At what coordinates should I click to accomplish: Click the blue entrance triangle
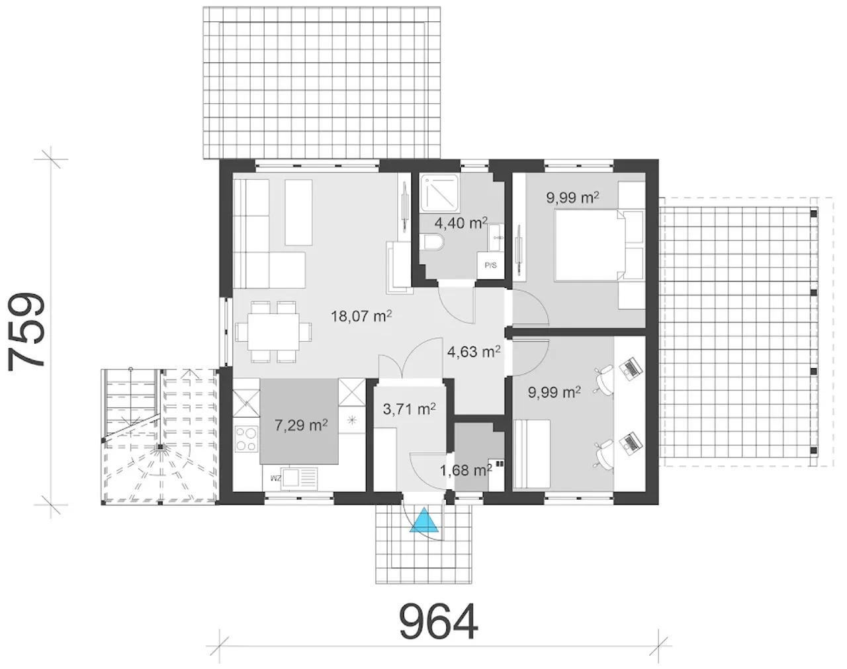pyautogui.click(x=424, y=521)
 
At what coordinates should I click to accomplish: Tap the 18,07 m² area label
pyautogui.click(x=361, y=316)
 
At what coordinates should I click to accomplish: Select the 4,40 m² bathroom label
pyautogui.click(x=461, y=223)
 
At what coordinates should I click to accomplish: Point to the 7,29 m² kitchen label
pyautogui.click(x=301, y=426)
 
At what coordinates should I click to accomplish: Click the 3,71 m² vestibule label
pyautogui.click(x=410, y=409)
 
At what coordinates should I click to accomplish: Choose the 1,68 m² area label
pyautogui.click(x=466, y=470)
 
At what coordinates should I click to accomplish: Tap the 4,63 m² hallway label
pyautogui.click(x=474, y=351)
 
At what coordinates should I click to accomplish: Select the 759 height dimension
pyautogui.click(x=26, y=332)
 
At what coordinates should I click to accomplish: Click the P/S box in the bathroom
pyautogui.click(x=490, y=266)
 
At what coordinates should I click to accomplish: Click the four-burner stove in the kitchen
pyautogui.click(x=246, y=439)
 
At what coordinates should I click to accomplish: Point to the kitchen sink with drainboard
pyautogui.click(x=298, y=479)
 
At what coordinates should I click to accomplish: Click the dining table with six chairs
pyautogui.click(x=273, y=332)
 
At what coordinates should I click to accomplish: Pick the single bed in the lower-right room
pyautogui.click(x=532, y=454)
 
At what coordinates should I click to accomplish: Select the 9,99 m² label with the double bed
pyautogui.click(x=572, y=197)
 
